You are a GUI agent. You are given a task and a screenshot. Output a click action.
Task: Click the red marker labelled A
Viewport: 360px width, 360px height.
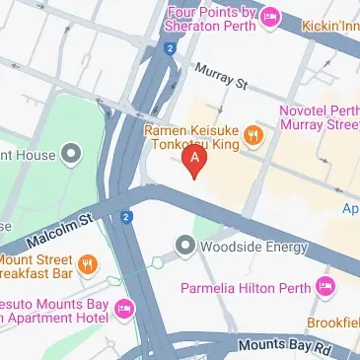(196, 158)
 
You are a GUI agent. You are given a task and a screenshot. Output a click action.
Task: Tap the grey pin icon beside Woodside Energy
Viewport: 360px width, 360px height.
(183, 244)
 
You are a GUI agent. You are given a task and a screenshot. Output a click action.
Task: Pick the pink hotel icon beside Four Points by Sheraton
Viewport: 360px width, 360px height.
(269, 18)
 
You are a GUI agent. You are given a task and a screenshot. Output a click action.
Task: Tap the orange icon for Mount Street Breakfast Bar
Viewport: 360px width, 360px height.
(88, 261)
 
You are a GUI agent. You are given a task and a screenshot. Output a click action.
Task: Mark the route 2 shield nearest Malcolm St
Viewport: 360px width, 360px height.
(126, 217)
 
